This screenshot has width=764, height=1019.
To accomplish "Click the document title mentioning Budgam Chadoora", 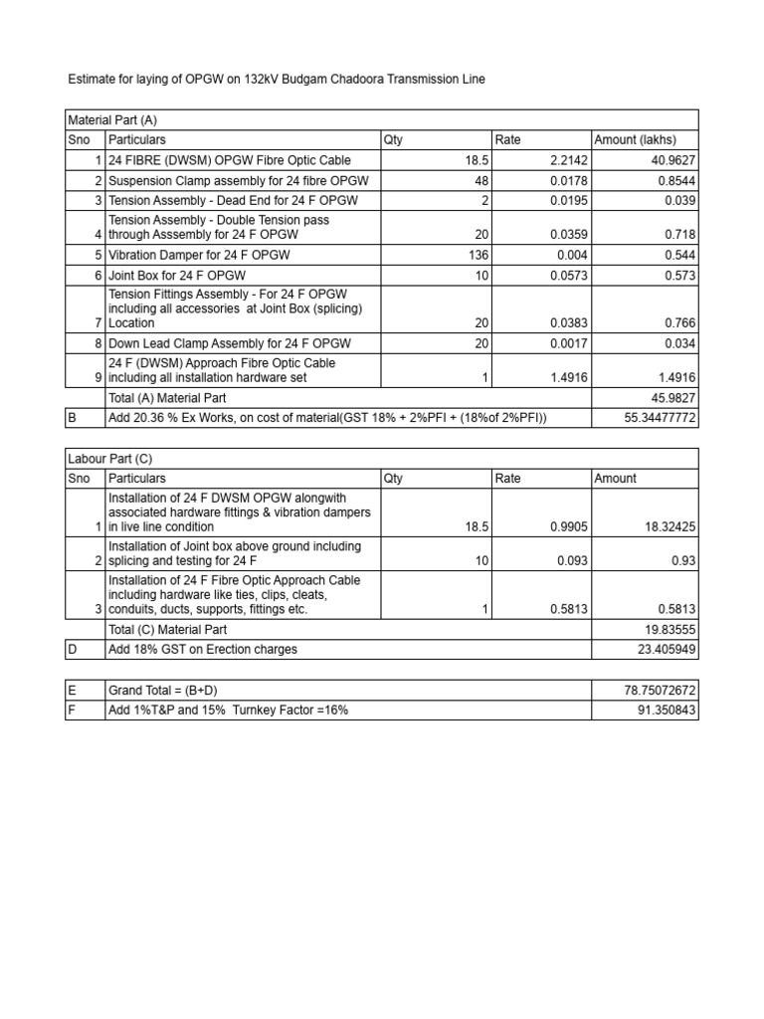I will click(276, 79).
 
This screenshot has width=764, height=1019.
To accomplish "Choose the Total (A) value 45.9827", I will click(671, 397).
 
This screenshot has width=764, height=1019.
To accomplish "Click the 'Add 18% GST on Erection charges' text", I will click(203, 649).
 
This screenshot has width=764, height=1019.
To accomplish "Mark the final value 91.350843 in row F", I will click(662, 710).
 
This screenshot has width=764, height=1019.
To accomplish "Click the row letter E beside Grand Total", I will click(72, 689).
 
